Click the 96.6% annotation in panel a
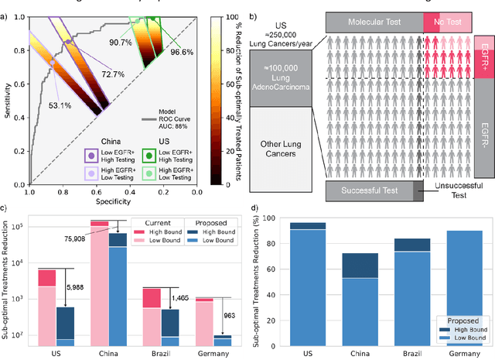(181, 51)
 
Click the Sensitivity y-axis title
(8, 99)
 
